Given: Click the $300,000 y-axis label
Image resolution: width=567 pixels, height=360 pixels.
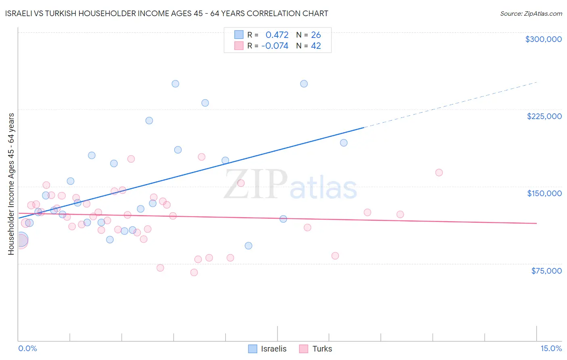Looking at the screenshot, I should [543, 39].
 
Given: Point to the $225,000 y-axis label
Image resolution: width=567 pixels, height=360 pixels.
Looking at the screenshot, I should [544, 116].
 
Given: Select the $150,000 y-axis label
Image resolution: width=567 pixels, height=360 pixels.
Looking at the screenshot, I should [544, 193].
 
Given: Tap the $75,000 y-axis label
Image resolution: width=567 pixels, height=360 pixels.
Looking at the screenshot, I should [546, 271].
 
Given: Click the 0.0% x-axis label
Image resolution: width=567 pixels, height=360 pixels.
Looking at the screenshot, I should [27, 348].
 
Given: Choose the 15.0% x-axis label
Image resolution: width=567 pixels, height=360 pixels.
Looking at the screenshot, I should [551, 348].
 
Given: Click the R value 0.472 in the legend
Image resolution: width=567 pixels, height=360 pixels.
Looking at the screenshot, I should [277, 35].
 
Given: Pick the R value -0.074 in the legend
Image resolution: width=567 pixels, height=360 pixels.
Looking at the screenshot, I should [275, 46].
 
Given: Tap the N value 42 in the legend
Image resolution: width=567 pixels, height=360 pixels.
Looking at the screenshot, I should [316, 46].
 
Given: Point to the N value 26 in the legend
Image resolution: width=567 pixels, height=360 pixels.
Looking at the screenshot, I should [316, 35].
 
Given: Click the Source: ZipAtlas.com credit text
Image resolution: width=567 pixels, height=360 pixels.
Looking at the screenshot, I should [531, 13].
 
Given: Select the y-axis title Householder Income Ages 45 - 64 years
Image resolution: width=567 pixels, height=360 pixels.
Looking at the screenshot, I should [11, 184].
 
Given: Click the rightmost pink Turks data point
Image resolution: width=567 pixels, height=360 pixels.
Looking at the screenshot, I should [439, 173].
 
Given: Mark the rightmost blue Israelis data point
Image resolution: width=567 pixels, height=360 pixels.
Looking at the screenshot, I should [344, 143].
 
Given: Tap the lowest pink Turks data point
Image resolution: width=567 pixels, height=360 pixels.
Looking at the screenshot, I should [194, 272].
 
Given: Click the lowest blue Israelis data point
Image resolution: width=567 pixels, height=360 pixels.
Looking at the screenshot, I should [248, 246].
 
